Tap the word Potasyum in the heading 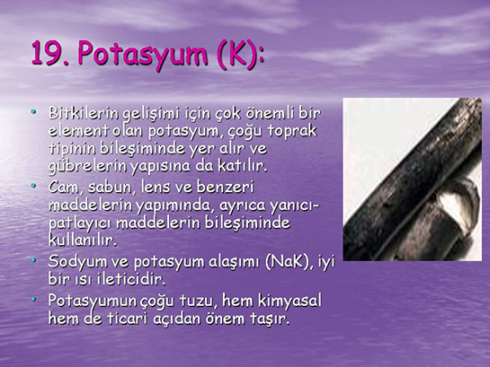143,55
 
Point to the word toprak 291,132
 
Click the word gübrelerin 87,167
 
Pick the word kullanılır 82,240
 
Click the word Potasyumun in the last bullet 93,301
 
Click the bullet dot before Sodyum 33,259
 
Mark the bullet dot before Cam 33,185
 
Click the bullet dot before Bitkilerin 33,111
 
